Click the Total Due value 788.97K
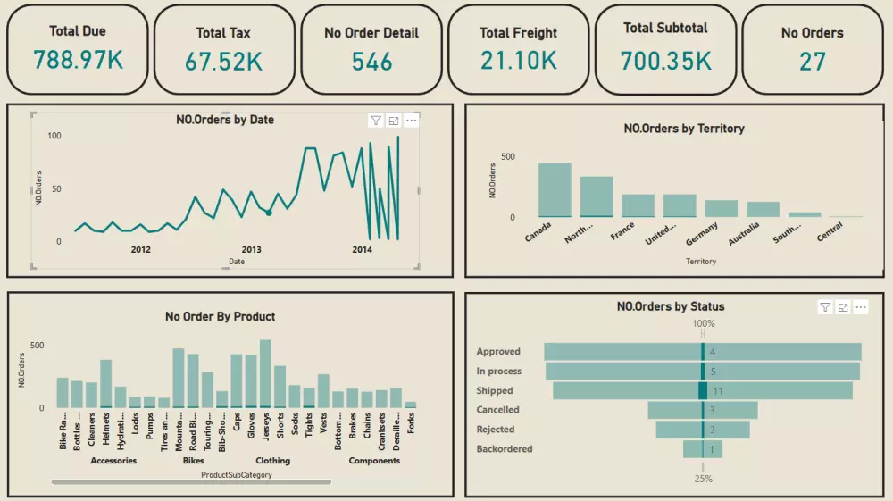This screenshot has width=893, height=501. [78, 60]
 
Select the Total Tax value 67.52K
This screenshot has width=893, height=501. [223, 62]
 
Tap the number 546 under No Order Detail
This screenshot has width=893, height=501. [371, 62]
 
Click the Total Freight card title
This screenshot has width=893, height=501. [518, 33]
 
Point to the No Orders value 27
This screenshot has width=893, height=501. [812, 62]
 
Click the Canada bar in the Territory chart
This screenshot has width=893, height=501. [554, 189]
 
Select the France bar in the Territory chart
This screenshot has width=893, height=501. [638, 205]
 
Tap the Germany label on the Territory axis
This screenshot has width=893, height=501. [702, 233]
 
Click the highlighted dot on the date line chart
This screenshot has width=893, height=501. [268, 213]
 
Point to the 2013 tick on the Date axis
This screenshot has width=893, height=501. [252, 250]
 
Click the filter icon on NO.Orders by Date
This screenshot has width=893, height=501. [375, 121]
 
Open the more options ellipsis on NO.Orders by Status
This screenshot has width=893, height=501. [861, 307]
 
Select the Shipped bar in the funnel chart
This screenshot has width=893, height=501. [703, 390]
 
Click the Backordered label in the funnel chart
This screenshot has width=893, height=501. [504, 449]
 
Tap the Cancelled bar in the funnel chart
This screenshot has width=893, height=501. [703, 410]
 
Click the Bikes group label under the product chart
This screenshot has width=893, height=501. [193, 461]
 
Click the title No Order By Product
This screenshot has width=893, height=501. [220, 316]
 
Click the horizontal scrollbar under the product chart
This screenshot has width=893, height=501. [191, 482]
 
